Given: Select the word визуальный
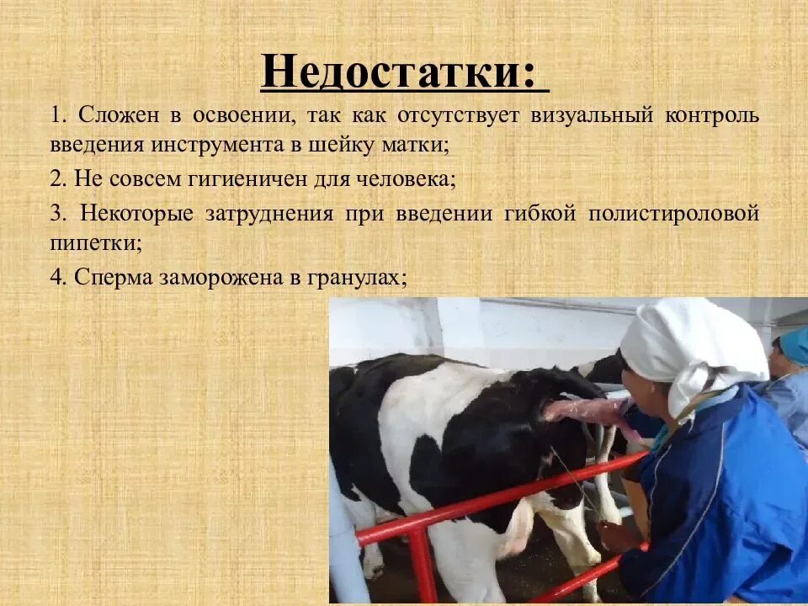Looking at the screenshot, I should coord(592,115).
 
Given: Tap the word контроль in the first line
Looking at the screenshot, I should coord(714,115).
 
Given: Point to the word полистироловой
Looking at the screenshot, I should coord(674,213).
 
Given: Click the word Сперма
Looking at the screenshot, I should coord(112,277).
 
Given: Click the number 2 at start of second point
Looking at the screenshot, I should coord(55,178).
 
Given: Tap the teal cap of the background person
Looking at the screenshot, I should coord(793,345).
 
